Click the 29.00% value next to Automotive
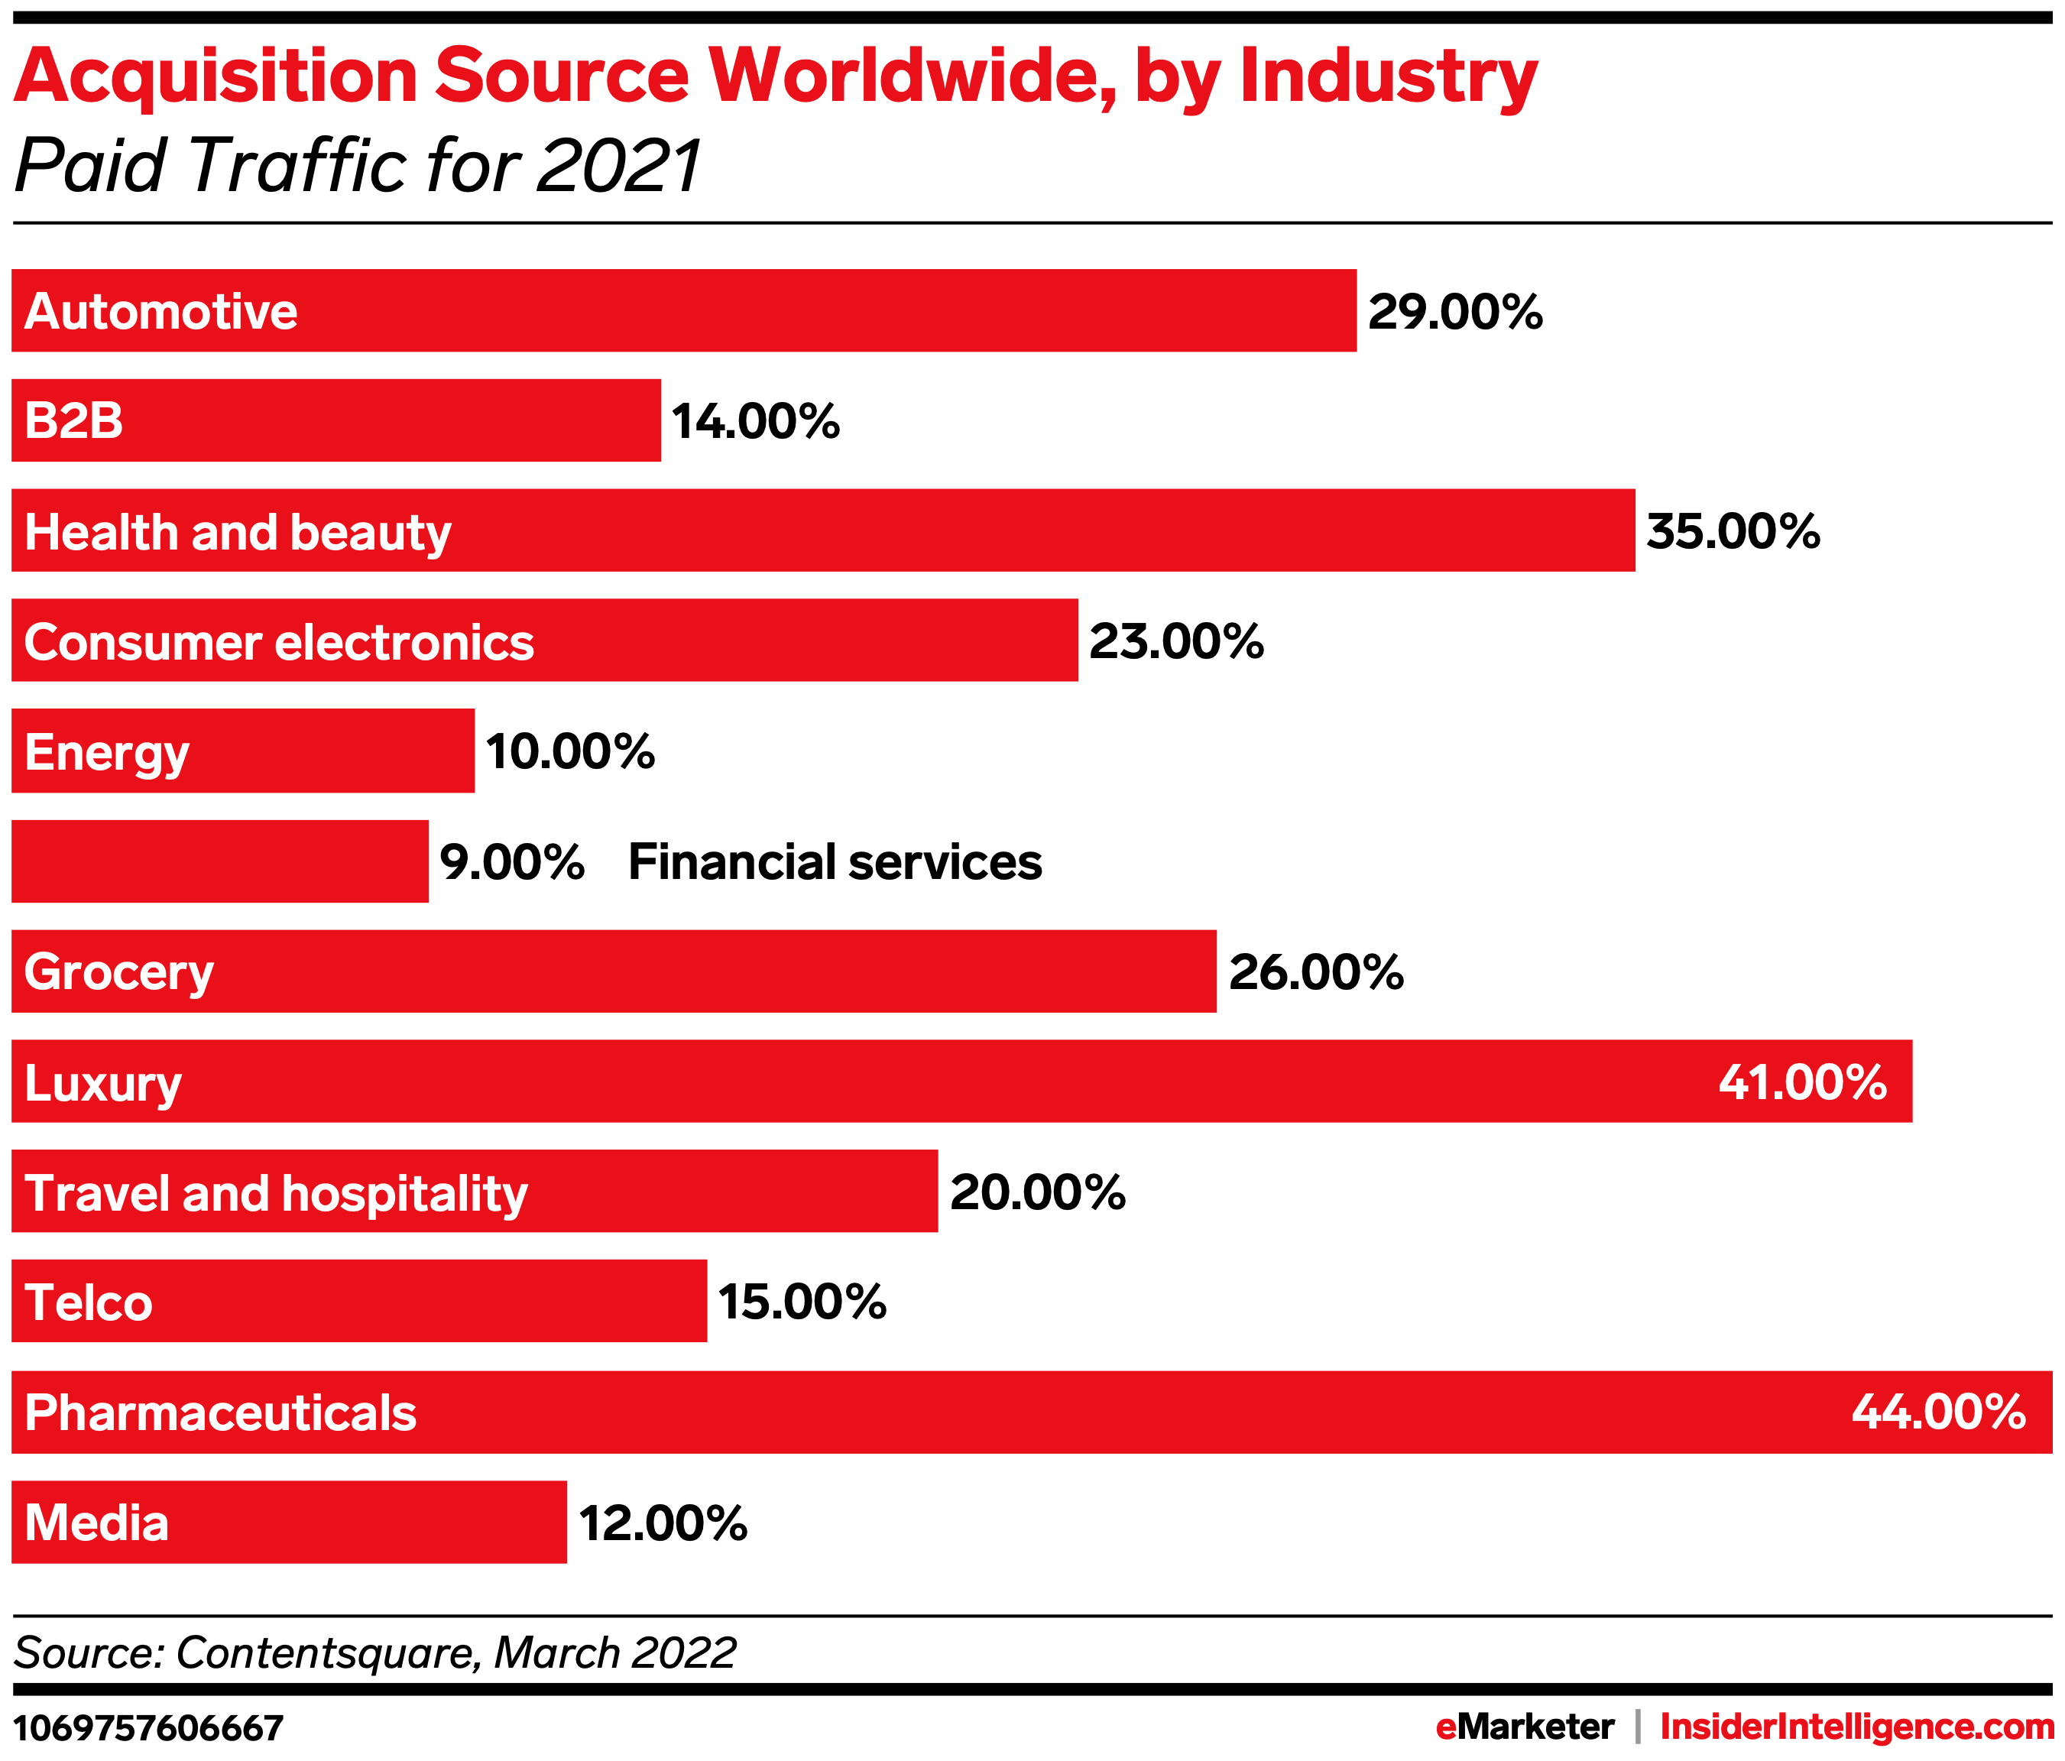pyautogui.click(x=1454, y=312)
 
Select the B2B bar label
pyautogui.click(x=73, y=420)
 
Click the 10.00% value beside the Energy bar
pyautogui.click(x=570, y=751)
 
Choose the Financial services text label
pyautogui.click(x=834, y=862)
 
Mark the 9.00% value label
pyautogui.click(x=511, y=862)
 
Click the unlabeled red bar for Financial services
pyautogui.click(x=219, y=862)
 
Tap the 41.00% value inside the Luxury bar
pyautogui.click(x=1802, y=1082)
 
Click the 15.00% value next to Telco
pyautogui.click(x=802, y=1302)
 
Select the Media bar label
pyautogui.click(x=96, y=1523)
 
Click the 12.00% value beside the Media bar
pyautogui.click(x=663, y=1523)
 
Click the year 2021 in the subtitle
pyautogui.click(x=619, y=165)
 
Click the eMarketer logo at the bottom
pyautogui.click(x=1524, y=1726)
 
